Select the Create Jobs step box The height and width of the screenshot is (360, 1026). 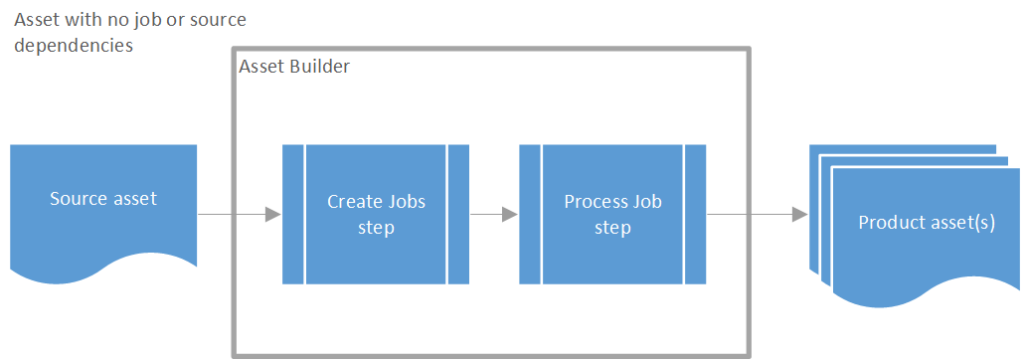tap(376, 215)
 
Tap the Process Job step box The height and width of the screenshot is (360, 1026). tap(612, 215)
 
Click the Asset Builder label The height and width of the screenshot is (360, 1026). tap(294, 67)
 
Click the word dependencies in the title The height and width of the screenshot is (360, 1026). tap(75, 45)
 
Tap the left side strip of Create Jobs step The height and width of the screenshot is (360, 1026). tap(293, 215)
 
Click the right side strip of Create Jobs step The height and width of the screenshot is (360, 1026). tap(458, 215)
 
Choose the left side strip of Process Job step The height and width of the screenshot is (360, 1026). tap(530, 215)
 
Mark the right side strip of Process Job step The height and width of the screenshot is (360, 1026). tap(695, 215)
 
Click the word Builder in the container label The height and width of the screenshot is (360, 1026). tap(318, 67)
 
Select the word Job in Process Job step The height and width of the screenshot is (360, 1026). tap(648, 201)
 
